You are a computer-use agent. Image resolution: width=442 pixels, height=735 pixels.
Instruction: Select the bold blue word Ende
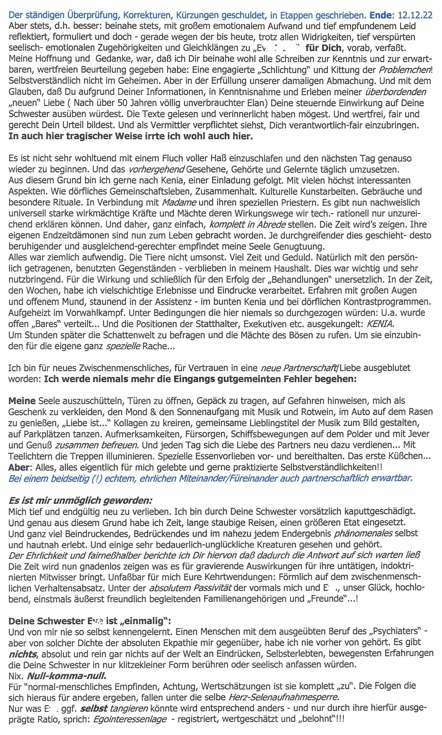pos(381,15)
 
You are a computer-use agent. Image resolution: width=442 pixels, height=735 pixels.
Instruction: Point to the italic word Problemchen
pos(405,70)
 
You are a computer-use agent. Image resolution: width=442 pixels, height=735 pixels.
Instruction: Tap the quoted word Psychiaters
pos(397,631)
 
